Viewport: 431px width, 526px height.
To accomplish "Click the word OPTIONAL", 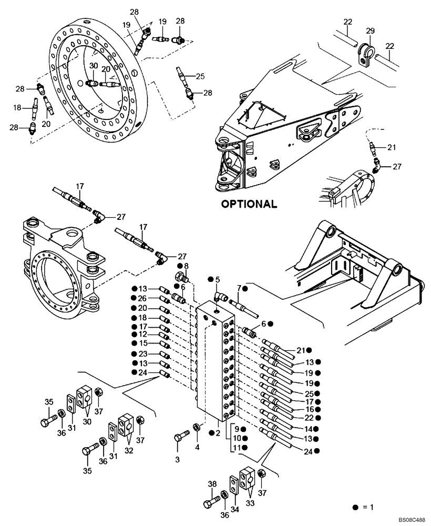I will [249, 204].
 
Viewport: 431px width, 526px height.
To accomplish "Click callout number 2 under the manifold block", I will [218, 432].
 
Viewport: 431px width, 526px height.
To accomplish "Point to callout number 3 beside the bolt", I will [177, 459].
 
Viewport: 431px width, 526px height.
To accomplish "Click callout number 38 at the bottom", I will [212, 484].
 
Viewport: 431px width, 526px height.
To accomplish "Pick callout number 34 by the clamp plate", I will [233, 509].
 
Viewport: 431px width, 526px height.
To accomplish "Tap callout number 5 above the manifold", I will [218, 279].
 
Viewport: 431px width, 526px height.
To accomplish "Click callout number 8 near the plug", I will [186, 266].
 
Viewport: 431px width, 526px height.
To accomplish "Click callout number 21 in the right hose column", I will [301, 350].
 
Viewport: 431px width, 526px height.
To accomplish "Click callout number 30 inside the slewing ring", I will [93, 66].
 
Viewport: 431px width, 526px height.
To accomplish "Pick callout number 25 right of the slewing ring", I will [200, 76].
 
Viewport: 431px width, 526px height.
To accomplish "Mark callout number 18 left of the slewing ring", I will [18, 107].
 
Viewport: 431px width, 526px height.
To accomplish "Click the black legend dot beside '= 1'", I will [356, 507].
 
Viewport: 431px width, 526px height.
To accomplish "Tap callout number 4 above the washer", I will [198, 448].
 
